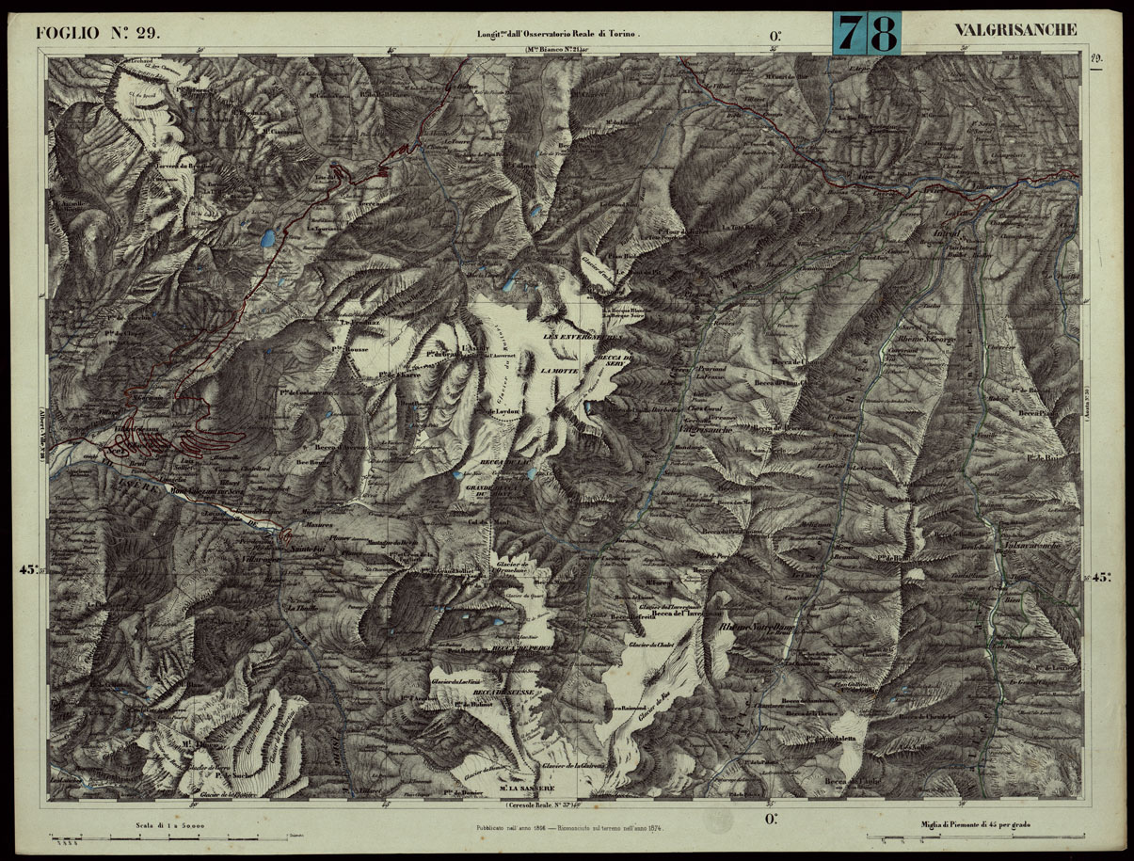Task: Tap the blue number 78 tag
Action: [x=867, y=34]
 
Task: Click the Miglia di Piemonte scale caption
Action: [x=976, y=825]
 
